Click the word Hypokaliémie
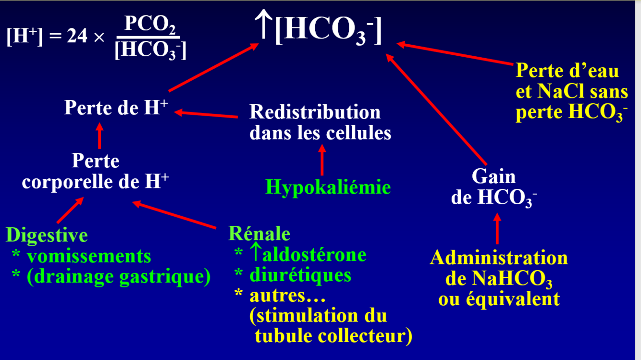(328, 187)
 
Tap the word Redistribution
(315, 112)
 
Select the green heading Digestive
(47, 235)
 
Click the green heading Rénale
(259, 234)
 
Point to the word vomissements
(89, 256)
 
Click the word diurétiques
(300, 275)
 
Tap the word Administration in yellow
(499, 258)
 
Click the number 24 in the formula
(77, 37)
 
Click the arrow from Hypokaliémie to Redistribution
(322, 161)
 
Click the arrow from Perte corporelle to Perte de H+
(99, 136)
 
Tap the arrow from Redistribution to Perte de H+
(207, 114)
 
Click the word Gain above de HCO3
(493, 176)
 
